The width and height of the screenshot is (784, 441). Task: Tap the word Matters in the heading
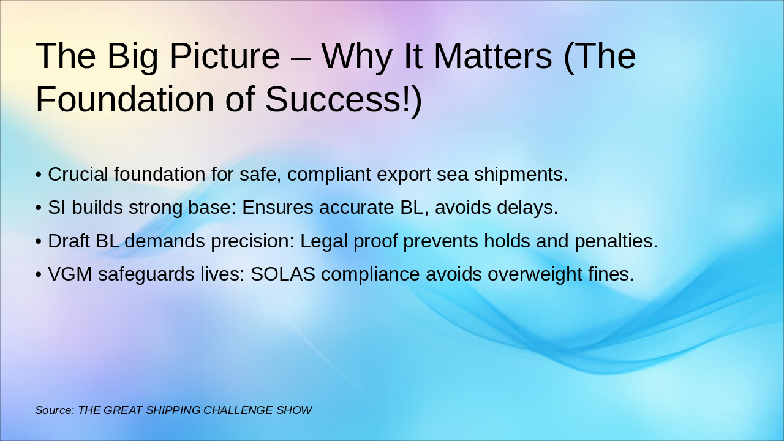493,56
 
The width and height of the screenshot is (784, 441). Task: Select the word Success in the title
334,99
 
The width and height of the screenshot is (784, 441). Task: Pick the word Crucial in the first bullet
78,174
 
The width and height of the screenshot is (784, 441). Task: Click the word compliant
329,175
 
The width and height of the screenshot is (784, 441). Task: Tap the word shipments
521,175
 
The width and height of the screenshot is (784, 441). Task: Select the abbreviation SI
57,207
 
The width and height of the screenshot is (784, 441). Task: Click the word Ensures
277,207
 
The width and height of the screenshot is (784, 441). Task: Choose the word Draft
69,241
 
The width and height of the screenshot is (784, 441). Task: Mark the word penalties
616,241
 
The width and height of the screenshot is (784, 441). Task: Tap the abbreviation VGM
70,274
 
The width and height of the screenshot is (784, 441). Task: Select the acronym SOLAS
283,274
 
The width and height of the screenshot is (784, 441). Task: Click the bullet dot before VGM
39,274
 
